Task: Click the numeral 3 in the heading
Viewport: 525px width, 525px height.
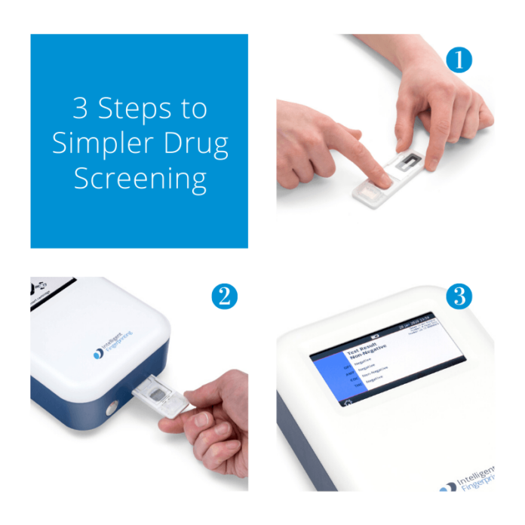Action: pyautogui.click(x=81, y=109)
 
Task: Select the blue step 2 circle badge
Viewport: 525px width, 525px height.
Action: pyautogui.click(x=223, y=296)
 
